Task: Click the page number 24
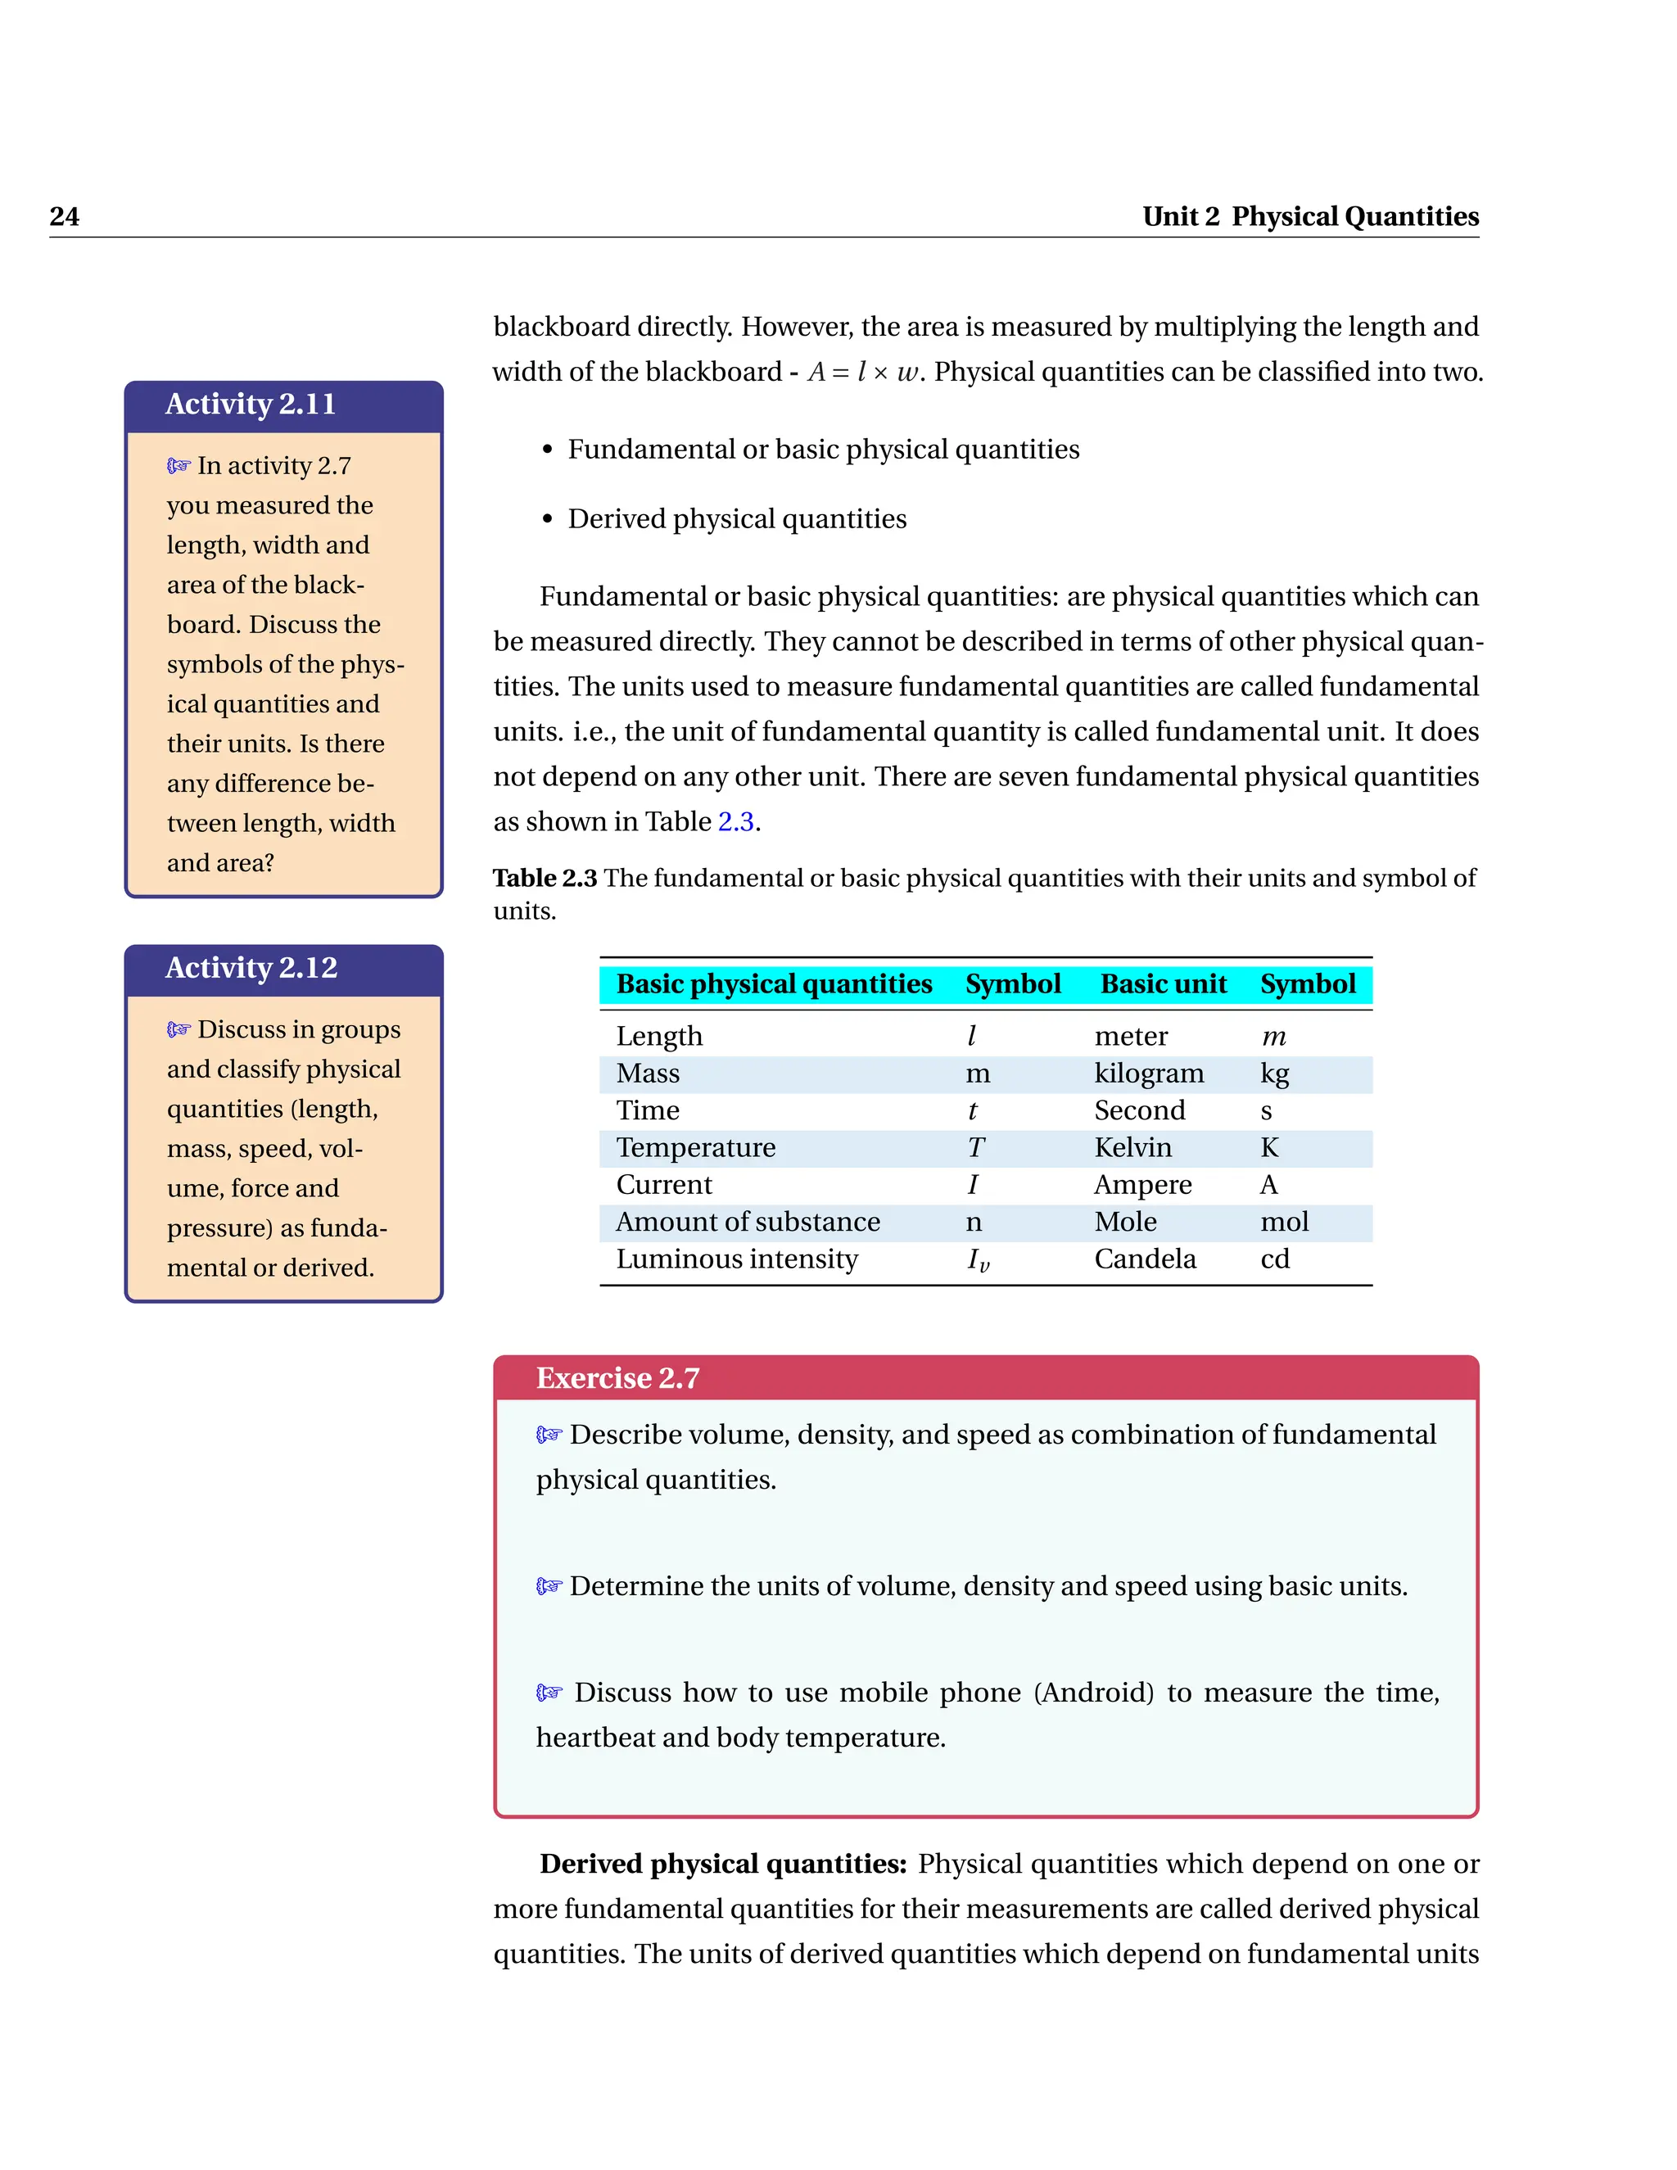click(65, 217)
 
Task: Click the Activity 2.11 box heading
click(251, 405)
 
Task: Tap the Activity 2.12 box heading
click(251, 968)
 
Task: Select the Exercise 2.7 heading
click(618, 1378)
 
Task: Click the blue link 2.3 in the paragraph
click(735, 821)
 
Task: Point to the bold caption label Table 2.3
click(545, 879)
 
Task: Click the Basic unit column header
click(1164, 983)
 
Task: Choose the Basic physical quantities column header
click(774, 983)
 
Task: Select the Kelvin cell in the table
click(1132, 1147)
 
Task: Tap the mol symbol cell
click(1284, 1222)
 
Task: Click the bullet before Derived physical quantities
click(548, 520)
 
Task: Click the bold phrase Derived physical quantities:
click(723, 1864)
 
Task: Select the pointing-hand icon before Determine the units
click(549, 1586)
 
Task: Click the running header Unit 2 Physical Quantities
click(1309, 217)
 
